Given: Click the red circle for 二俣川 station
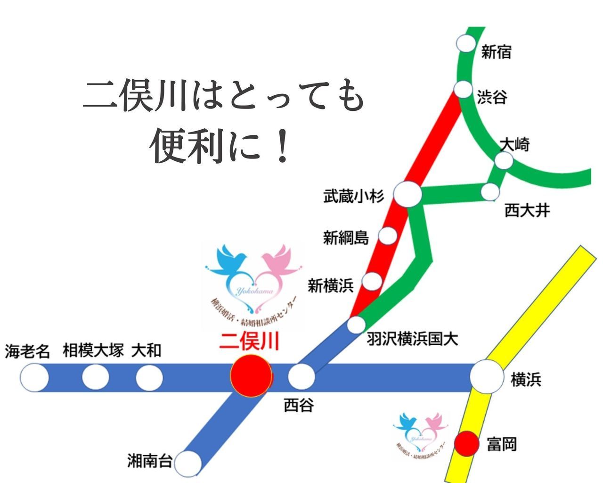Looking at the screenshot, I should click(251, 376).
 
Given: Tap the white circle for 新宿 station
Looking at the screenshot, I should click(466, 43).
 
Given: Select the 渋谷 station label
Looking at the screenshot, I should click(492, 97).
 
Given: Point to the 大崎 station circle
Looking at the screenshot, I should click(504, 161).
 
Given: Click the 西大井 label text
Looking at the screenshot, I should click(527, 210).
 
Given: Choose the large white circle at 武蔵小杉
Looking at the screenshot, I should click(407, 194).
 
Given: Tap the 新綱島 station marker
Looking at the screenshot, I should click(388, 235).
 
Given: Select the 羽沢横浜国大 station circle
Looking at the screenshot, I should click(357, 325).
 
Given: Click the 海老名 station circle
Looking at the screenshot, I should click(34, 378).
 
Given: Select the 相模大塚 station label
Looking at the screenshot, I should click(93, 350).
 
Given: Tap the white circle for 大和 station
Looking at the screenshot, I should click(149, 378).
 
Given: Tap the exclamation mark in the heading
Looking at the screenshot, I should click(283, 147).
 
